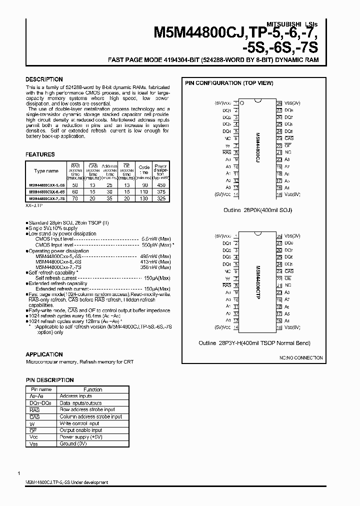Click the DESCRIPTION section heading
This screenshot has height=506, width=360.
pyautogui.click(x=44, y=79)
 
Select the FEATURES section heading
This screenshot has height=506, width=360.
pyautogui.click(x=40, y=154)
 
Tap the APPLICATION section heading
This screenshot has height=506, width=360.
pyautogui.click(x=44, y=354)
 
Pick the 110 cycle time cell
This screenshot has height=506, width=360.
pyautogui.click(x=144, y=191)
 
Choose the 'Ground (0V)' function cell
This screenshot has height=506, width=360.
pyautogui.click(x=75, y=443)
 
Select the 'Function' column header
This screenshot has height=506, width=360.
pyautogui.click(x=93, y=389)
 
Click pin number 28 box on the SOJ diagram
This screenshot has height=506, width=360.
pyautogui.click(x=279, y=102)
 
